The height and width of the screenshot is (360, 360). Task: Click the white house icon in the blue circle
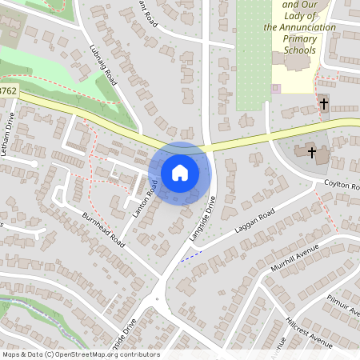pos(180,172)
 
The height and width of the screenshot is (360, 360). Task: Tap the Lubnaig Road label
pos(105,65)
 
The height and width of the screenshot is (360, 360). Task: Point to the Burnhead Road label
pos(102,229)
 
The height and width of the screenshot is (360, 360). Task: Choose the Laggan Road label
pos(254,222)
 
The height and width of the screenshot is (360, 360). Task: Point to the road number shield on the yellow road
pos(7,90)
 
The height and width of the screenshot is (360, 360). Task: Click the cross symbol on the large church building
pos(312,152)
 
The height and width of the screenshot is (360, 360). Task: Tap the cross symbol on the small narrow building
pos(324,104)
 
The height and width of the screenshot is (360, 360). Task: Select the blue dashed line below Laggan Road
pos(190,257)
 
